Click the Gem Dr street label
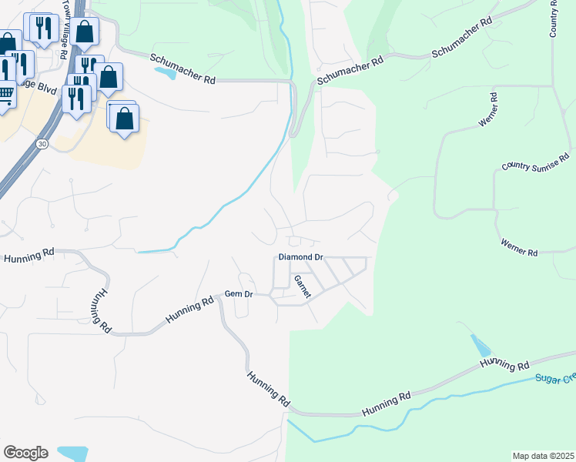238,294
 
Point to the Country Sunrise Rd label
537,162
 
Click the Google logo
25,452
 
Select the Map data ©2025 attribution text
543,456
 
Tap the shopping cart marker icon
5,95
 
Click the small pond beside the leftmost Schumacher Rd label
164,74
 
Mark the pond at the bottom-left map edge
73,453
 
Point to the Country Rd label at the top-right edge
554,18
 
